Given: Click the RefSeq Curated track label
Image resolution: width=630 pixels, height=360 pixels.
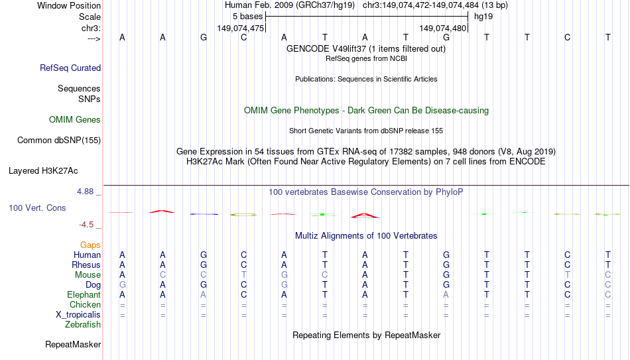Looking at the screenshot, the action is (70, 68).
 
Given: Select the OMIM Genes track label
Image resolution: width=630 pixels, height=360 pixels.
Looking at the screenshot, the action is (75, 120).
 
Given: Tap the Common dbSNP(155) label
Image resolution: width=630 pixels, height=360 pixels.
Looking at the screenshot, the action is (59, 141).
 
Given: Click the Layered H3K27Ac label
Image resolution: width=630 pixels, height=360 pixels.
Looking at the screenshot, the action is (43, 171).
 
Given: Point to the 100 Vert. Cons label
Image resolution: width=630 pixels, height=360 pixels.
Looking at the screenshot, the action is (37, 208).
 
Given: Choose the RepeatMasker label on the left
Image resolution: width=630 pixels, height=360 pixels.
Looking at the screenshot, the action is (73, 344).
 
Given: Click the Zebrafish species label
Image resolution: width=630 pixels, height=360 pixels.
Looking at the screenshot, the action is (83, 324).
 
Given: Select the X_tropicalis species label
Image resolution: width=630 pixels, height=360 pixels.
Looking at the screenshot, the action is (78, 315).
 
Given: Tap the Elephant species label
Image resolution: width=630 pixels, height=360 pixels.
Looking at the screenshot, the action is (84, 294).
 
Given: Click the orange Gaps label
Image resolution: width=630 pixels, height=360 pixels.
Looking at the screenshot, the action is (90, 245).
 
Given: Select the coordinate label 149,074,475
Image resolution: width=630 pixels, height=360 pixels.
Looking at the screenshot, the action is (241, 28).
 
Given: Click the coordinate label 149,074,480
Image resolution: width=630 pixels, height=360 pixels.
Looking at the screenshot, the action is (443, 28).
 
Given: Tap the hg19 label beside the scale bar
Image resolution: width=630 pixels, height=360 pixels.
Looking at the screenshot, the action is (483, 17).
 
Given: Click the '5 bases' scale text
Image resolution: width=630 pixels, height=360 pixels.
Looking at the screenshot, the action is (247, 17).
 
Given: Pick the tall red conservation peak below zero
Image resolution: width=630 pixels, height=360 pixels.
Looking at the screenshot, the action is (365, 215).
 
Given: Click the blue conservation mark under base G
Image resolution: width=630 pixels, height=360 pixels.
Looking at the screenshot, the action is (204, 214).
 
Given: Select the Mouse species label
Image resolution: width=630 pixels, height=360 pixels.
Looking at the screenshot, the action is (88, 275).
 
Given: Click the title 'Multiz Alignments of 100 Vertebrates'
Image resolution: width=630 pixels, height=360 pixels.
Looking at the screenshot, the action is (366, 236).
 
